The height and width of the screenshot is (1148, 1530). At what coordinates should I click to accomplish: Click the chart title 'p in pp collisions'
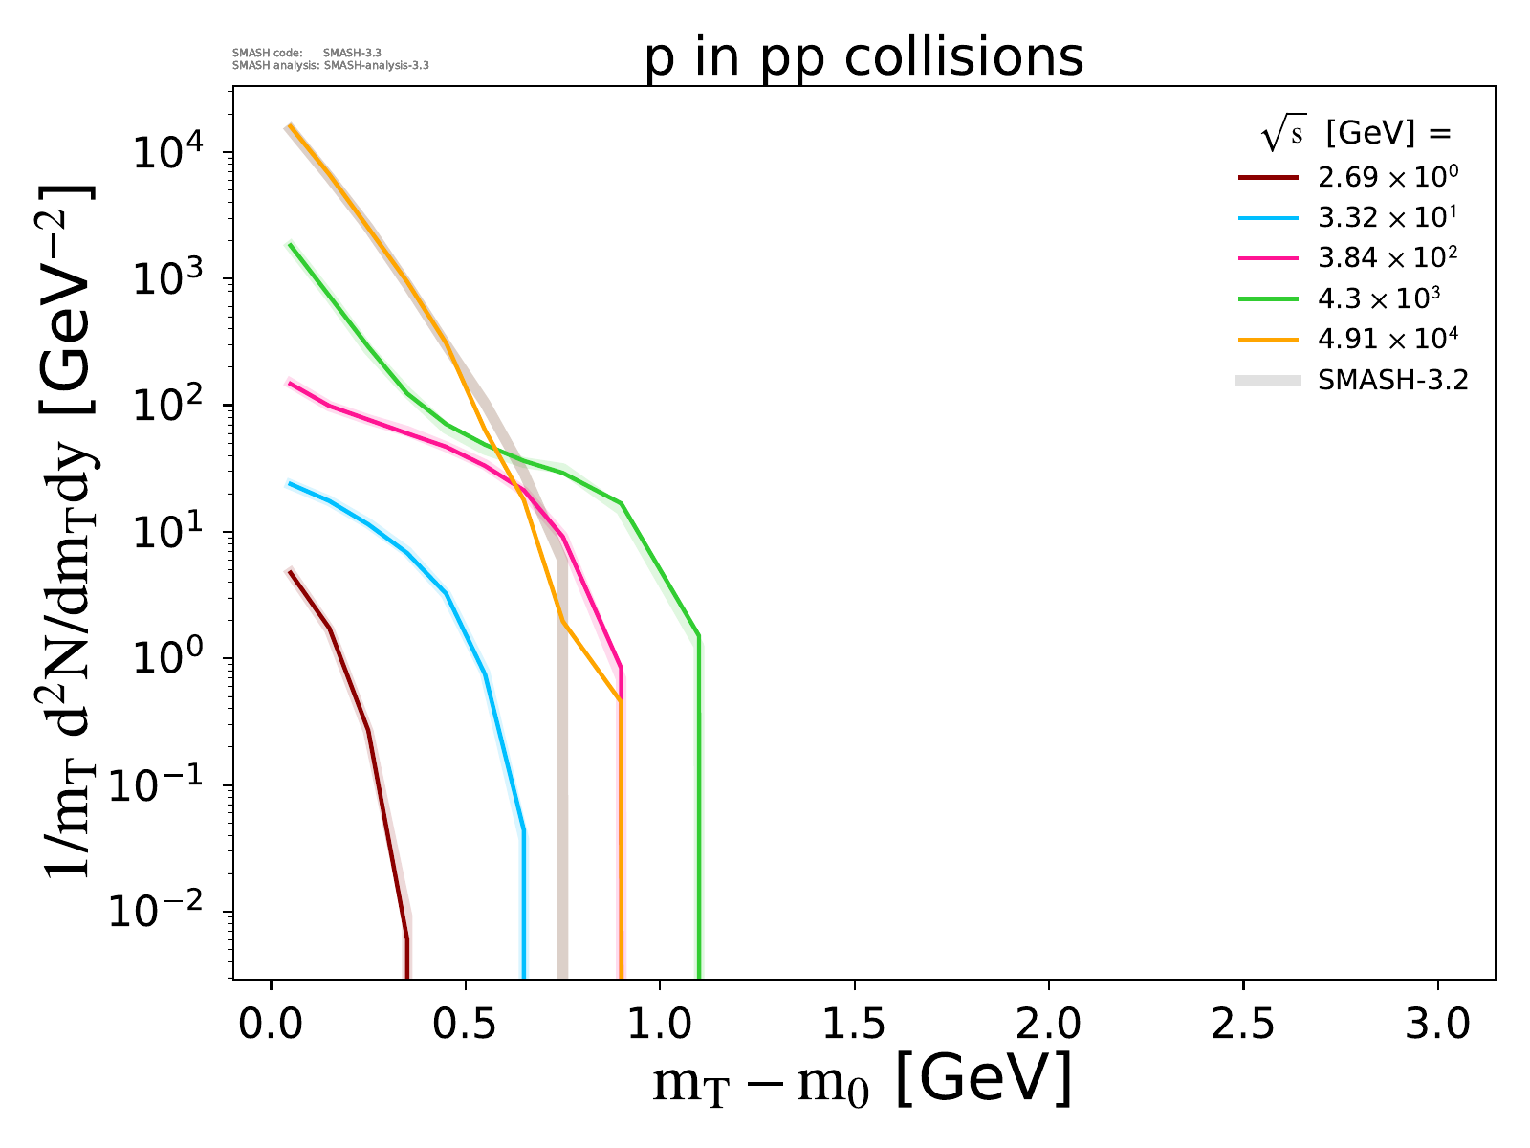pos(863,59)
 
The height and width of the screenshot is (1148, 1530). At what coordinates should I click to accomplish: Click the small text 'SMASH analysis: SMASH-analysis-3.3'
pos(330,66)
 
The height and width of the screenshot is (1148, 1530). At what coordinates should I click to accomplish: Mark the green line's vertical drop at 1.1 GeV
pos(699,813)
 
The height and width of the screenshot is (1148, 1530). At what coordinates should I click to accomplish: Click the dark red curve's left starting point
pos(290,570)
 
